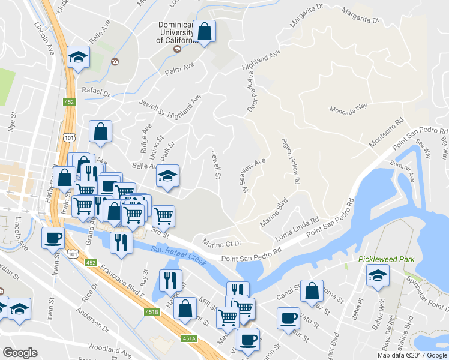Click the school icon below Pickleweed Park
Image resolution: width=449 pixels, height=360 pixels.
tap(378, 278)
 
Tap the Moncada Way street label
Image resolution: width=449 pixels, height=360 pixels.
tap(348, 109)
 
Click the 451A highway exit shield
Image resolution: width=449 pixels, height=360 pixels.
tap(190, 338)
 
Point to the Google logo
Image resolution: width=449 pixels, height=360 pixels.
tap(20, 353)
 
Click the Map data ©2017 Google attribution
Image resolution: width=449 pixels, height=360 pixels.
tap(413, 355)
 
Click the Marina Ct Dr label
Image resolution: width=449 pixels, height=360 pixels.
tap(221, 244)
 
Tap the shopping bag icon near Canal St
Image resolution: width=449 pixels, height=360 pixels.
tap(312, 291)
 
